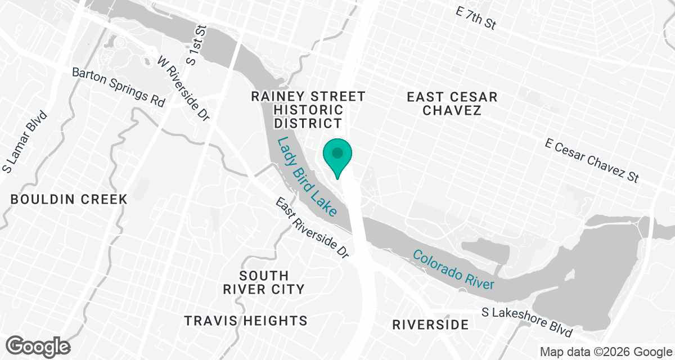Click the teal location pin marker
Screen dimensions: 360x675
point(337,157)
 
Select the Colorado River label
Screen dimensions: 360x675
point(454,269)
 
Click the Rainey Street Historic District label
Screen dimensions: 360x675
point(308,110)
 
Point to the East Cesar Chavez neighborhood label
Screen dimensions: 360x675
point(452,103)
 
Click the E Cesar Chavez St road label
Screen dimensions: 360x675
point(592,160)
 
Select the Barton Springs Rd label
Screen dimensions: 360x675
point(119,87)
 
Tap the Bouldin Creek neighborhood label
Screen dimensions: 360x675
point(69,199)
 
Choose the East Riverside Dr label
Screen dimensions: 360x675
point(313,227)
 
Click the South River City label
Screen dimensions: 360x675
point(263,282)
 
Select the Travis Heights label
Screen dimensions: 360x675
point(246,321)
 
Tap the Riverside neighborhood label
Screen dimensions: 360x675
point(430,325)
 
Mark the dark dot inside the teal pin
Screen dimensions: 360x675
point(337,152)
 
